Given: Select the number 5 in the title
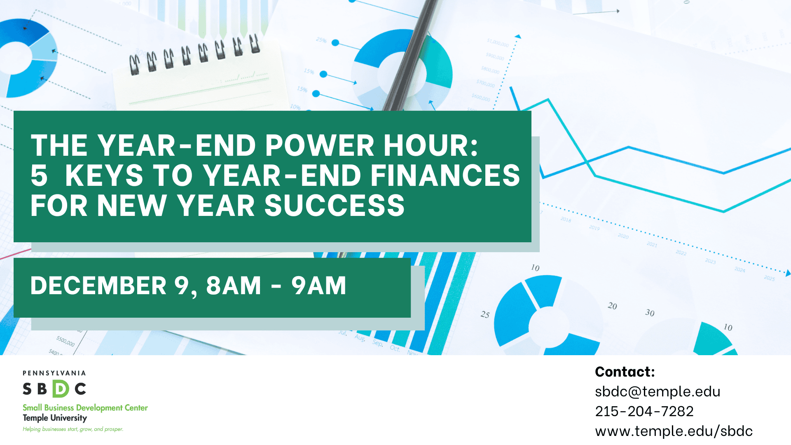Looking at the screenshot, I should click(39, 176).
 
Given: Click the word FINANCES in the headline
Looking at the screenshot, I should click(445, 176).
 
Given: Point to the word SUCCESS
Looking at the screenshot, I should click(334, 206).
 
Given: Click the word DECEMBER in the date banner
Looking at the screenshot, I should click(98, 286).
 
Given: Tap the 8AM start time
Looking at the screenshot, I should click(234, 286).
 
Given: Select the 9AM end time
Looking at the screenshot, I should click(319, 286).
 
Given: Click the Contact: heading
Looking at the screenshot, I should click(625, 372).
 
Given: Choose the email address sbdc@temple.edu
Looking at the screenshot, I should click(658, 391).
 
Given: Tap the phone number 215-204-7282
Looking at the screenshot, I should click(644, 411).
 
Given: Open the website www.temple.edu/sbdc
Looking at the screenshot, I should click(674, 431).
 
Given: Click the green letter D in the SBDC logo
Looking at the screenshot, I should click(61, 389).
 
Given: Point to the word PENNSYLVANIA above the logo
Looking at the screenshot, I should click(54, 373).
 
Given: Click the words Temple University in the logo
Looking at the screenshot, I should click(55, 418).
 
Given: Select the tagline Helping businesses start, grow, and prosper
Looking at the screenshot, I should click(73, 429).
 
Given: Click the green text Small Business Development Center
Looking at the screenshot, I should click(85, 408).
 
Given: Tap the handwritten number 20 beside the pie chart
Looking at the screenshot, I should click(612, 306).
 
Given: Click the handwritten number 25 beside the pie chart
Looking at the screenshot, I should click(485, 314).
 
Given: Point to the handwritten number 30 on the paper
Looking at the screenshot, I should click(650, 313).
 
